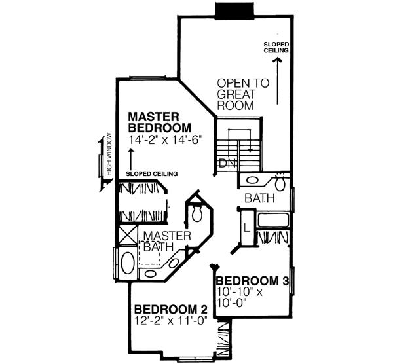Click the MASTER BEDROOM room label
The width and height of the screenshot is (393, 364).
[159, 120]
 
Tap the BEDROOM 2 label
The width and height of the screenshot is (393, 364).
[166, 309]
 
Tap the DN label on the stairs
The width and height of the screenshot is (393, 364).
[227, 162]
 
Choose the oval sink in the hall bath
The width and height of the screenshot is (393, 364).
[252, 181]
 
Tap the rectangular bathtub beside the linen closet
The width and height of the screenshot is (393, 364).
[272, 219]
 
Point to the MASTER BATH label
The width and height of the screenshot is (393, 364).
[166, 241]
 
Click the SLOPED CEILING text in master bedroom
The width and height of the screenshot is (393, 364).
[153, 173]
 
